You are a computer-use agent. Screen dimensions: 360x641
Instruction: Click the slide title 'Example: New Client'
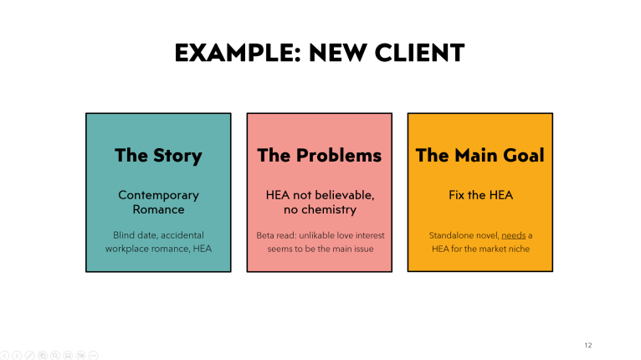pyautogui.click(x=320, y=54)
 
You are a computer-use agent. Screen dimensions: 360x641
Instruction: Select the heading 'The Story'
pyautogui.click(x=158, y=155)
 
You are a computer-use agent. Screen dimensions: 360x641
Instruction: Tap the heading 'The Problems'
pyautogui.click(x=319, y=155)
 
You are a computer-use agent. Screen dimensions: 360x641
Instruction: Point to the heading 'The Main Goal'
pyautogui.click(x=479, y=155)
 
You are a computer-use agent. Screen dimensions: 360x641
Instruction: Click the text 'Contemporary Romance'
pyautogui.click(x=158, y=202)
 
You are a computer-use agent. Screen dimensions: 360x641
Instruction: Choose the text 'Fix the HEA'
pyautogui.click(x=479, y=195)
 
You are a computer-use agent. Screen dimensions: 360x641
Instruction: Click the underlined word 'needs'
pyautogui.click(x=513, y=235)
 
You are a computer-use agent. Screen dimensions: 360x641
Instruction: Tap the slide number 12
pyautogui.click(x=587, y=345)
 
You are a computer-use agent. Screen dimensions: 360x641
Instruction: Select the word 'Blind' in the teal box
pyautogui.click(x=125, y=235)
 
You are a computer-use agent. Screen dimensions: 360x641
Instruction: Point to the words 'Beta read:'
pyautogui.click(x=278, y=235)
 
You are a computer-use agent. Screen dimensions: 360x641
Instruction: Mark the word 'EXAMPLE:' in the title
pyautogui.click(x=223, y=54)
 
